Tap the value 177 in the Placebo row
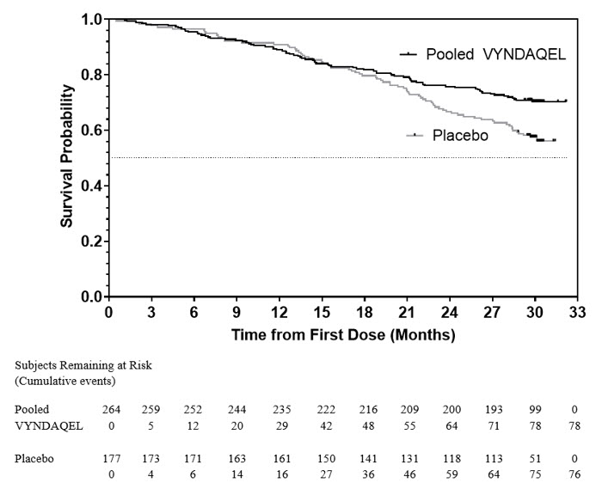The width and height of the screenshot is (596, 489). click(x=110, y=457)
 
